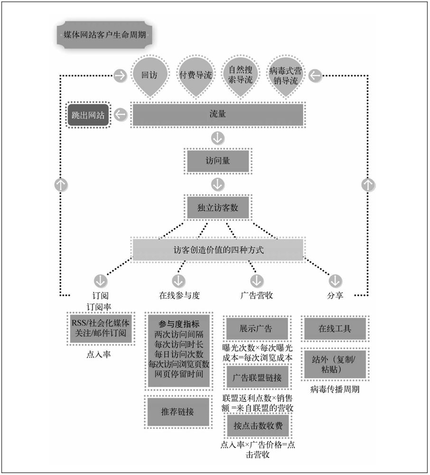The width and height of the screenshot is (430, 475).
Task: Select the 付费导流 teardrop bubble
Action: pos(195,75)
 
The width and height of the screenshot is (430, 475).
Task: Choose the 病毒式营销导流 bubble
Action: pos(286,75)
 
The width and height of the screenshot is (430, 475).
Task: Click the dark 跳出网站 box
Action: pos(88,114)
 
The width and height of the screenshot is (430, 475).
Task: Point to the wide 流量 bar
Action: pos(217,114)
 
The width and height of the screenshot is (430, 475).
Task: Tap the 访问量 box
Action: pos(217,161)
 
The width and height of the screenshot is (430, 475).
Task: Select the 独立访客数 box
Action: pos(217,207)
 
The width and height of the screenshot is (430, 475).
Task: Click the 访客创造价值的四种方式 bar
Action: pos(217,249)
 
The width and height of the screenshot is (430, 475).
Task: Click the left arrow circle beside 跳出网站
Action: pos(121,114)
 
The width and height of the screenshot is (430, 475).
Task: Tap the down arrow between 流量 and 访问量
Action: pos(217,138)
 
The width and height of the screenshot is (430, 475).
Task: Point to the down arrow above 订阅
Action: pos(100,279)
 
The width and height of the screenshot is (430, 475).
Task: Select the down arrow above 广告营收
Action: pos(257,279)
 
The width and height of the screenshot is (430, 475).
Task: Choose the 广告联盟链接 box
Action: pos(256,378)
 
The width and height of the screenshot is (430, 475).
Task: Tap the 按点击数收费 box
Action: pos(256,425)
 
